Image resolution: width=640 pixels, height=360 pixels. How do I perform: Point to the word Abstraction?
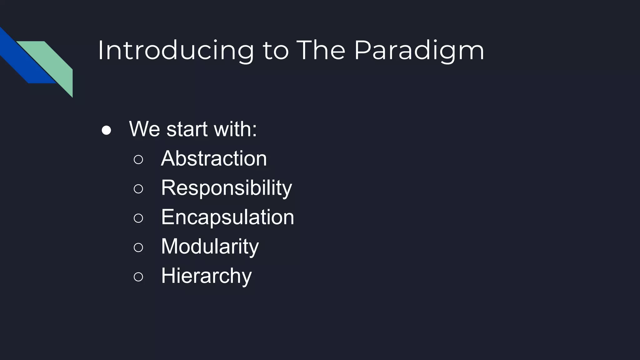coord(214,158)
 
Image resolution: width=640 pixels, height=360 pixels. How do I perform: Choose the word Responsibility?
coord(226,188)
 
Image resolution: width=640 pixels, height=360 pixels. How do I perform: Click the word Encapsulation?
coord(227,217)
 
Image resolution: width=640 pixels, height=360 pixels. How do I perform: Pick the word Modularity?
coord(210,246)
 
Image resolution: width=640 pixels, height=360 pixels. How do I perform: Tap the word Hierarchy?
coord(206,276)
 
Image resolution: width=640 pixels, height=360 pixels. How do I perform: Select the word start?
coord(187,129)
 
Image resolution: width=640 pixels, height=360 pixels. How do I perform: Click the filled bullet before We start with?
coord(106,130)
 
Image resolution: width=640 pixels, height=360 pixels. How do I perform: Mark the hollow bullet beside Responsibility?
coord(138,189)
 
